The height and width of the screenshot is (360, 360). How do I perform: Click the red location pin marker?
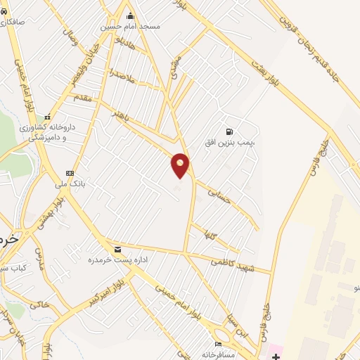coord(181,165)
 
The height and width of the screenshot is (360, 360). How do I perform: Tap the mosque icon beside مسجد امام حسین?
coord(130,16)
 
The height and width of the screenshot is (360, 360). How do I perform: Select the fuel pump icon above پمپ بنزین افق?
coord(229,132)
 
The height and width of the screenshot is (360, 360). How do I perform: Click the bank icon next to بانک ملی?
coord(70,173)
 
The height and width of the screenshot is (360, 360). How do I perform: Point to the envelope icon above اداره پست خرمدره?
coord(117,249)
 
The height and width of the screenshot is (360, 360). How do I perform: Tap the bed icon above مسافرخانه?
coord(218,344)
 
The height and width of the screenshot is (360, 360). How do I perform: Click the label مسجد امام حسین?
coord(130,26)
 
